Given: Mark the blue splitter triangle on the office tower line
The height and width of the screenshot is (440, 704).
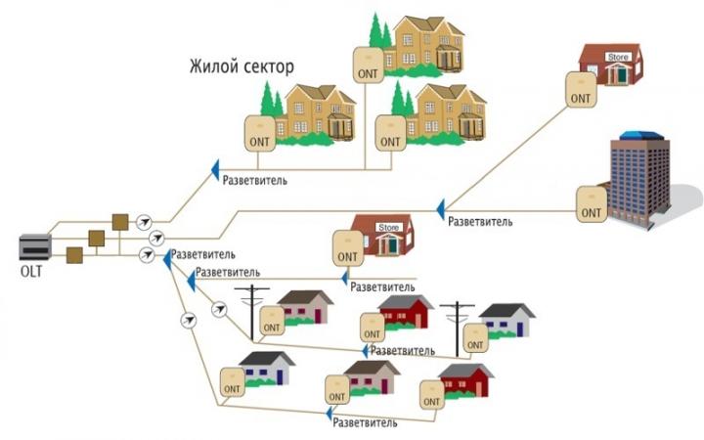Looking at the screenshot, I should (441, 207).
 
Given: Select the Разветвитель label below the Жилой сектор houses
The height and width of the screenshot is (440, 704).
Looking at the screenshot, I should (255, 181).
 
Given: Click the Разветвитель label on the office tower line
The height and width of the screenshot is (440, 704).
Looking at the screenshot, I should (480, 222).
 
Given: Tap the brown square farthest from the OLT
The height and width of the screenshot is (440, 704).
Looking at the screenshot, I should (120, 221).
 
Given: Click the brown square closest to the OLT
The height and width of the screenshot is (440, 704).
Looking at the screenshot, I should (73, 255).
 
